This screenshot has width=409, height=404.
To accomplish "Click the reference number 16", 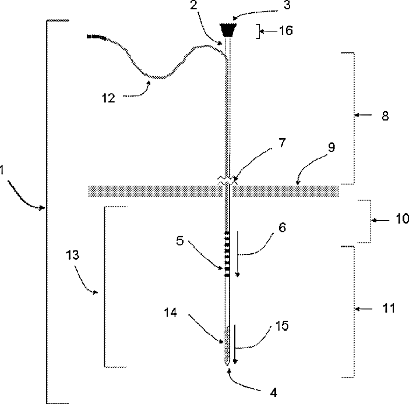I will click(x=286, y=31).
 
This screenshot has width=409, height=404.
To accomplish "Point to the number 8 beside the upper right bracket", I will click(x=386, y=116).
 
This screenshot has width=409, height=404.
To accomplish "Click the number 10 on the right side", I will click(x=402, y=219).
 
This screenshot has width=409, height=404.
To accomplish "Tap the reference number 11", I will click(x=389, y=308).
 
